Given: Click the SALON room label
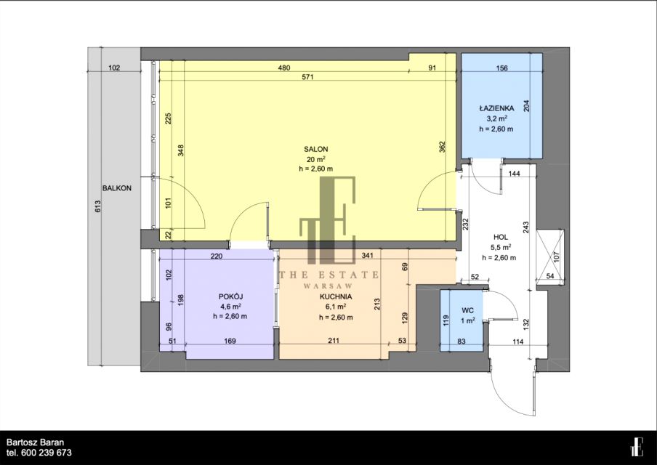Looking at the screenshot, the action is click(316, 149).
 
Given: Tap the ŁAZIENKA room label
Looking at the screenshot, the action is click(496, 108).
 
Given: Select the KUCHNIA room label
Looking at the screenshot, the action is click(336, 296).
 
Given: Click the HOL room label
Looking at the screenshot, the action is click(501, 237).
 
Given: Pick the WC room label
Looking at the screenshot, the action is click(467, 310).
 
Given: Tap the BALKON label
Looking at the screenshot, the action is click(117, 188).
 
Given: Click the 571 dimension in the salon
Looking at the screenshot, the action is click(307, 77).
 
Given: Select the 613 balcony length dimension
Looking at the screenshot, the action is click(97, 207).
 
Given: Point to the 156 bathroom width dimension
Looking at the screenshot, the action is click(501, 68).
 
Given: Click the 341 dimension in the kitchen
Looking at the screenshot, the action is click(367, 255).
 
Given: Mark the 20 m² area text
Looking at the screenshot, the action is click(316, 159).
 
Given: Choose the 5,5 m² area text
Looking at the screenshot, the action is click(501, 247).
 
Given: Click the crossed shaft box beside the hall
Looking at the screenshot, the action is click(550, 256).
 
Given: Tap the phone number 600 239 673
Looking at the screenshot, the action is click(46, 453).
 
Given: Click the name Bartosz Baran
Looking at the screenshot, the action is click(35, 442).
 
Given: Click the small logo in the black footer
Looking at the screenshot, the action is click(637, 447).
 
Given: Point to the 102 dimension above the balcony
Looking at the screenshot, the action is click(114, 68).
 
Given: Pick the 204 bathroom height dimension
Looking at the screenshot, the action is click(527, 105).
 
